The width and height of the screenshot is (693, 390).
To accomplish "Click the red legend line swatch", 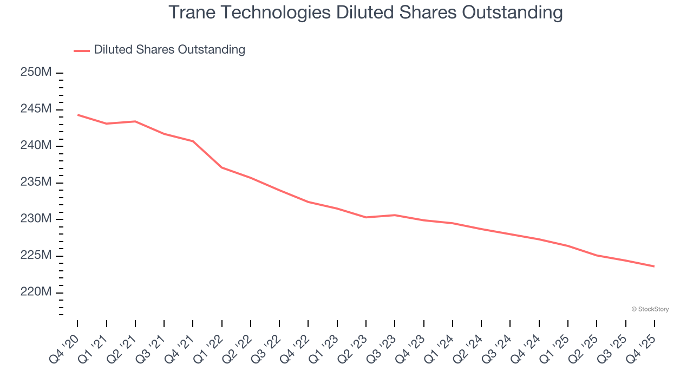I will (x=82, y=50).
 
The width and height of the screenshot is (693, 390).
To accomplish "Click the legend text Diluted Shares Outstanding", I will (x=169, y=50).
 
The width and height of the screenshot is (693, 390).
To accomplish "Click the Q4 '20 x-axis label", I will (x=64, y=350).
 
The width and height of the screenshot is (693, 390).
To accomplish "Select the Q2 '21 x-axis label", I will (x=122, y=350).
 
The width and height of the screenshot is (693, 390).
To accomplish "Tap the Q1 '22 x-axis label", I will (x=208, y=350).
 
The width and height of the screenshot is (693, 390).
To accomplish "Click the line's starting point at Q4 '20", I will (x=77, y=115).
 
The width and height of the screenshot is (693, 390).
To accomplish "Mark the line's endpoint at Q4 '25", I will (x=654, y=266).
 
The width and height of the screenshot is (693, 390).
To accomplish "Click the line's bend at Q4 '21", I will (x=193, y=141).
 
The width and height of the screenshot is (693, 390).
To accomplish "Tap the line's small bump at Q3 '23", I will (x=395, y=215).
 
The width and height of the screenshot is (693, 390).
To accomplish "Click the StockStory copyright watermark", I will (x=650, y=309).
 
